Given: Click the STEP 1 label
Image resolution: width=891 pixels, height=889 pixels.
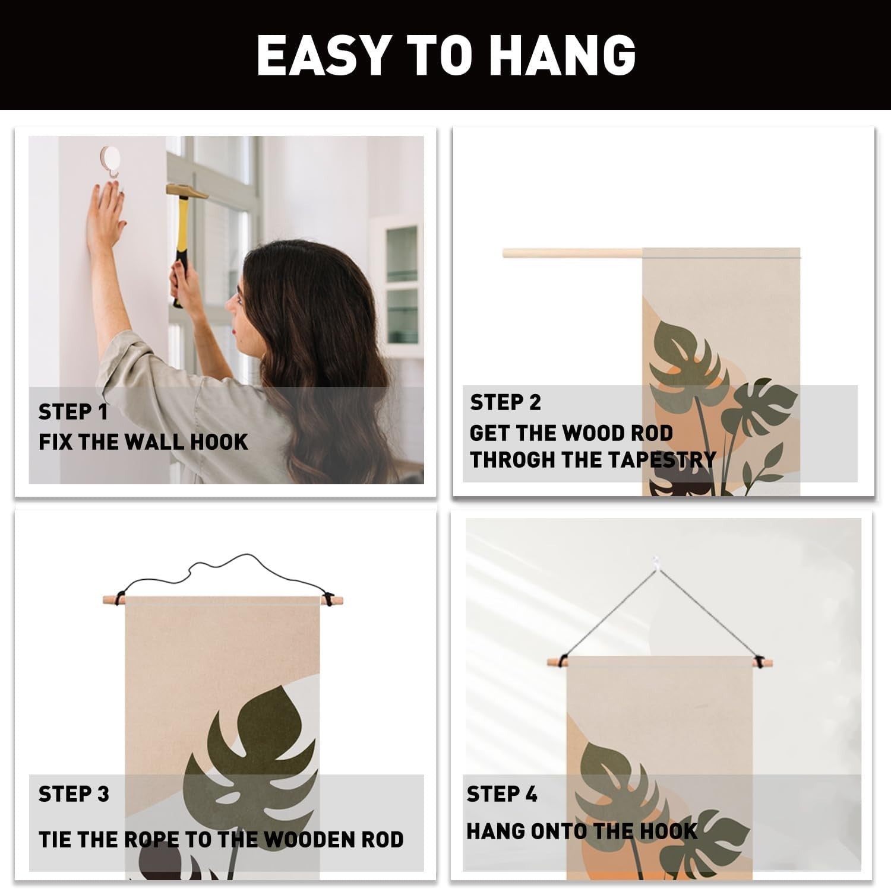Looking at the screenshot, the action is click(73, 412).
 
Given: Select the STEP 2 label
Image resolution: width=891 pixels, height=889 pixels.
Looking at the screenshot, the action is click(505, 402).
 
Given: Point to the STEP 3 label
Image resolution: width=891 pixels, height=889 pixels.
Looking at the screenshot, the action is click(74, 794).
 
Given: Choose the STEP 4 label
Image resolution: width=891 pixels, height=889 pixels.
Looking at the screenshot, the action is click(502, 794).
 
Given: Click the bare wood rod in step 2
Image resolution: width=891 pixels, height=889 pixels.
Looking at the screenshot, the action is click(573, 253).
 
